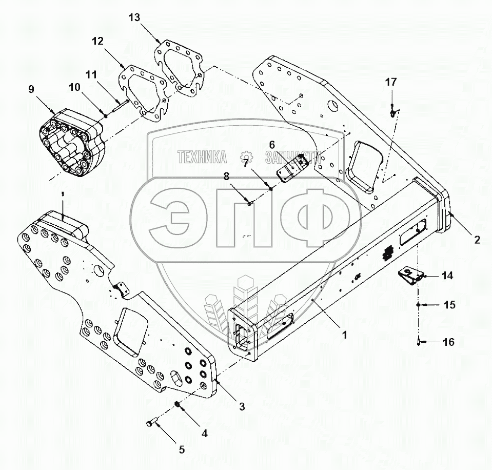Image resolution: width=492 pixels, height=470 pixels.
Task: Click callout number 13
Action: click(134, 18)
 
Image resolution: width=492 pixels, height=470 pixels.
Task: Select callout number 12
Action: click(97, 41)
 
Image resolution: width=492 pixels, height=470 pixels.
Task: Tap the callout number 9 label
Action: click(31, 89)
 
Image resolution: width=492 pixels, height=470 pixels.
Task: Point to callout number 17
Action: click(391, 82)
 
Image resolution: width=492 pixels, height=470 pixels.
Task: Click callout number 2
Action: click(477, 239)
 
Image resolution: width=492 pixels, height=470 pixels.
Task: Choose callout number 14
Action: click(447, 276)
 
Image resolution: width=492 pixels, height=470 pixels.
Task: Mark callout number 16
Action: click(448, 342)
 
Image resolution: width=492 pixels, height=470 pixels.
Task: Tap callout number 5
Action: click(181, 450)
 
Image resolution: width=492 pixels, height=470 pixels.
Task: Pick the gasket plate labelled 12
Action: click(143, 93)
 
